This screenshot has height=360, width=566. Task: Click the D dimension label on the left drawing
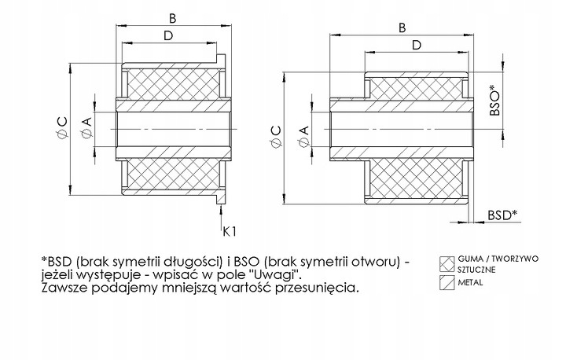(x=168, y=36)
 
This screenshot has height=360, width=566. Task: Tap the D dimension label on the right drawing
(x=416, y=46)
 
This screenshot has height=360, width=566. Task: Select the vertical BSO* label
(x=495, y=102)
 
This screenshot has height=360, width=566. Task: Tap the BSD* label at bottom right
(x=502, y=215)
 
